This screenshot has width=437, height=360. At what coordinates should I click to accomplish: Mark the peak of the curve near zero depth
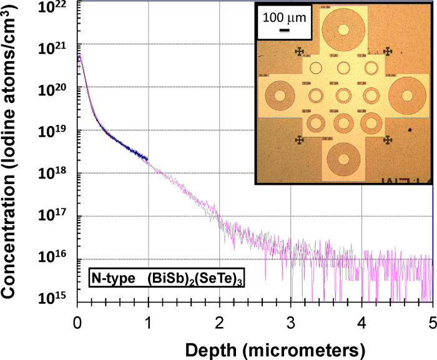[79, 54]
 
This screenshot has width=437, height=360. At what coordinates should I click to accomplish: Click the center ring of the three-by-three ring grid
[343, 95]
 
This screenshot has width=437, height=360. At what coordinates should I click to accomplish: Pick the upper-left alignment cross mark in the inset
[300, 52]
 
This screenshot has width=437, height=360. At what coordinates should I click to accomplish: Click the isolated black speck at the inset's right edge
[410, 130]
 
